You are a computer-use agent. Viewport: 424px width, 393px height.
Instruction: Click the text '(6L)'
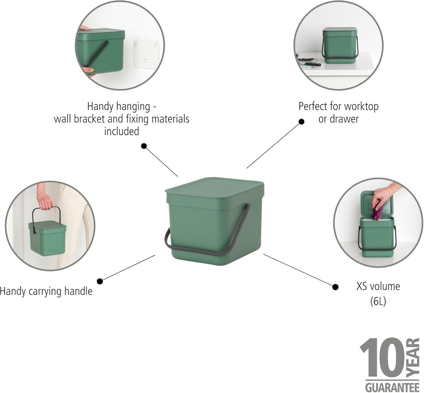point(378,301)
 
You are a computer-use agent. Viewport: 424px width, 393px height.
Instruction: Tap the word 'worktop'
point(361,107)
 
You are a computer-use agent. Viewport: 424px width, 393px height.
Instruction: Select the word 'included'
point(122,131)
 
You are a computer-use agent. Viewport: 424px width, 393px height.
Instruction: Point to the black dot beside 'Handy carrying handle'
point(100,281)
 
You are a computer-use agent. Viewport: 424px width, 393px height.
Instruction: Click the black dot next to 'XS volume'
point(335,287)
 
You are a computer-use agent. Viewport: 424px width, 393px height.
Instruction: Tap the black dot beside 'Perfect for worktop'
point(301,122)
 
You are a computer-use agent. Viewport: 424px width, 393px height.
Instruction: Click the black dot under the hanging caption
point(144,146)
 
